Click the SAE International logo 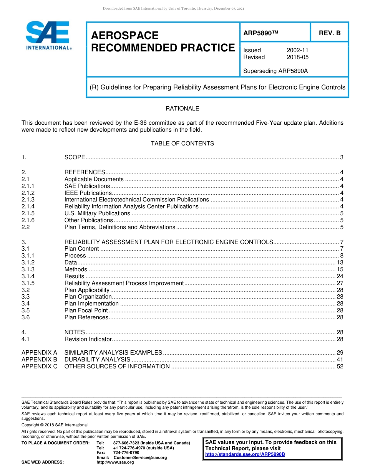pos(48,35)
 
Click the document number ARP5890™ pos(260,33)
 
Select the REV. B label pos(329,33)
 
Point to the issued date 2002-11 pos(297,50)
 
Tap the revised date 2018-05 pos(297,57)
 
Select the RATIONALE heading pos(182,109)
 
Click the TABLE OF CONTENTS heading pos(182,144)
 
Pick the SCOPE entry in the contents pos(75,157)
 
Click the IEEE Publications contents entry pos(88,193)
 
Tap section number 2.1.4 pos(28,206)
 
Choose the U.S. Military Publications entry pos(97,213)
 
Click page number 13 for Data pos(340,262)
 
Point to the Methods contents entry pos(76,269)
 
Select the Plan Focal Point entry pos(86,310)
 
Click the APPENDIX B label pos(39,360)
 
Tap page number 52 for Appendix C pos(340,366)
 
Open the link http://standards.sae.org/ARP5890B pos(245,454)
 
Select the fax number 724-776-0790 pos(126,452)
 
